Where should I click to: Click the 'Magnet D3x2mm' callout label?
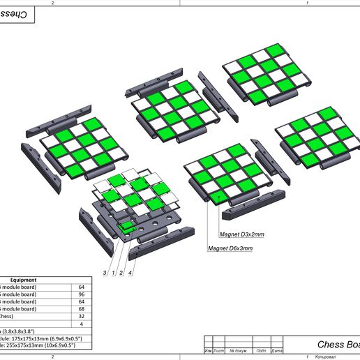242,235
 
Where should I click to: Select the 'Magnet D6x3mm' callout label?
230,248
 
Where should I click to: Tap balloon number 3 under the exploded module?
105,271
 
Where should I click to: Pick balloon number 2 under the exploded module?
121,271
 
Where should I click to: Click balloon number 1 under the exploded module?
113,271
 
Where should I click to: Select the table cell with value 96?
81,294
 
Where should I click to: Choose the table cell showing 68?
81,309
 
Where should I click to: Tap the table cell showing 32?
81,316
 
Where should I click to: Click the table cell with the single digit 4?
81,324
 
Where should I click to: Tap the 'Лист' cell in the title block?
218,350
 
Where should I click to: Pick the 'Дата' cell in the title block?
276,350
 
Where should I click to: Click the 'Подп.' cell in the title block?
261,350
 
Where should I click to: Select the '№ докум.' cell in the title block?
238,350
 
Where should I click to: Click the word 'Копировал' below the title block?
325,357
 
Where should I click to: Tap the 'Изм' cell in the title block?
208,350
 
